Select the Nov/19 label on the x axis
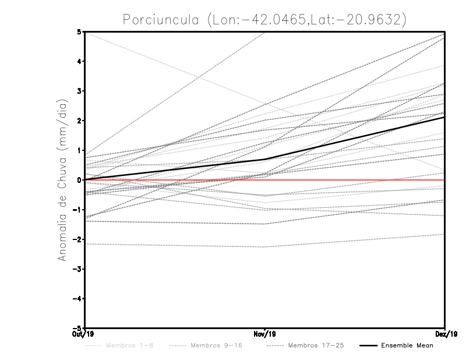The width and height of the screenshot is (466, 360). click(x=265, y=334)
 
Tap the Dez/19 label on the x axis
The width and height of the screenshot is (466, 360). click(x=445, y=334)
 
